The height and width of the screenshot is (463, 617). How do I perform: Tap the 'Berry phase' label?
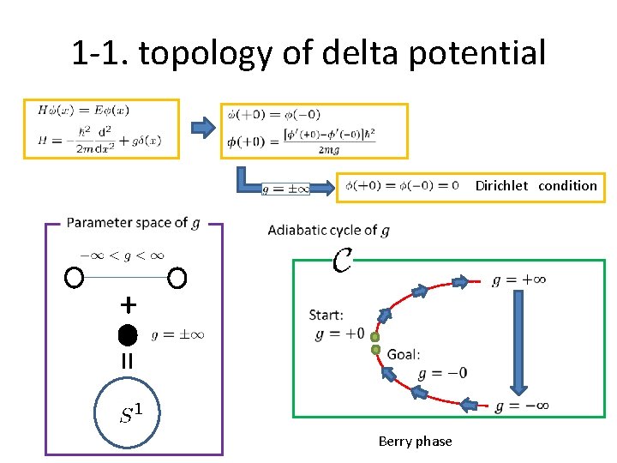[415, 441]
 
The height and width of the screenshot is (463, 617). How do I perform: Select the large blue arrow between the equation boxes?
[202, 129]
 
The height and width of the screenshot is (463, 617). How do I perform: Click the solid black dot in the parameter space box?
[128, 334]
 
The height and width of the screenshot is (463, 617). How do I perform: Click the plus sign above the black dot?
[128, 304]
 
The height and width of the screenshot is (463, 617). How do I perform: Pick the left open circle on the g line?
[75, 278]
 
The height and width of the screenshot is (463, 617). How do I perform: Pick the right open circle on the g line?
[177, 278]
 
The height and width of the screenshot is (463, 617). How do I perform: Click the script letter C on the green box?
[342, 259]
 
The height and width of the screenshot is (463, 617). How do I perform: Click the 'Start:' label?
[326, 316]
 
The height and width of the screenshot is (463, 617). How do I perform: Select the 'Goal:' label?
[404, 354]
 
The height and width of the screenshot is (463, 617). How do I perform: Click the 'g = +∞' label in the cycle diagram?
[519, 280]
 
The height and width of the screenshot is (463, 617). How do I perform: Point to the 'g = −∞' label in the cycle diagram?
[521, 406]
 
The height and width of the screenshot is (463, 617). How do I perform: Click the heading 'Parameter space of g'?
[133, 223]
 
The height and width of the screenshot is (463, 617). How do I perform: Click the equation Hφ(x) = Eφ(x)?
[83, 111]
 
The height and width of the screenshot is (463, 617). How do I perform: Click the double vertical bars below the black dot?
[128, 362]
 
